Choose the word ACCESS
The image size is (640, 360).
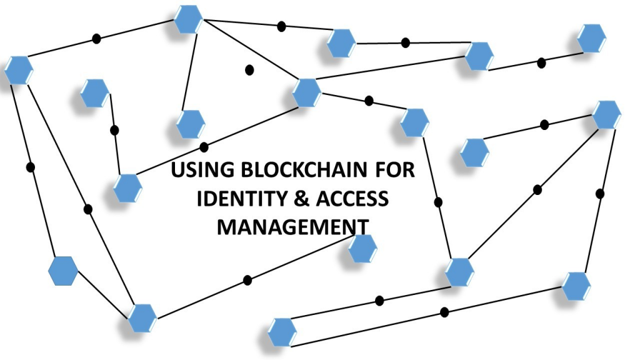point(354,198)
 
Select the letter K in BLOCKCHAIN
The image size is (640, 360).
point(299,171)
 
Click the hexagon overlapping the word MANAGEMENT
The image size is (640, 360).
point(362,249)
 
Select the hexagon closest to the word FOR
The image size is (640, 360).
point(414,122)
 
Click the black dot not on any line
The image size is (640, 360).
point(249,69)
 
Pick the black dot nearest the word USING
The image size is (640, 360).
point(204,147)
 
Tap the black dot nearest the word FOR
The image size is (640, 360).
point(438,201)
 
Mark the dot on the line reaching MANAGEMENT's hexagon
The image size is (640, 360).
point(247,279)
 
